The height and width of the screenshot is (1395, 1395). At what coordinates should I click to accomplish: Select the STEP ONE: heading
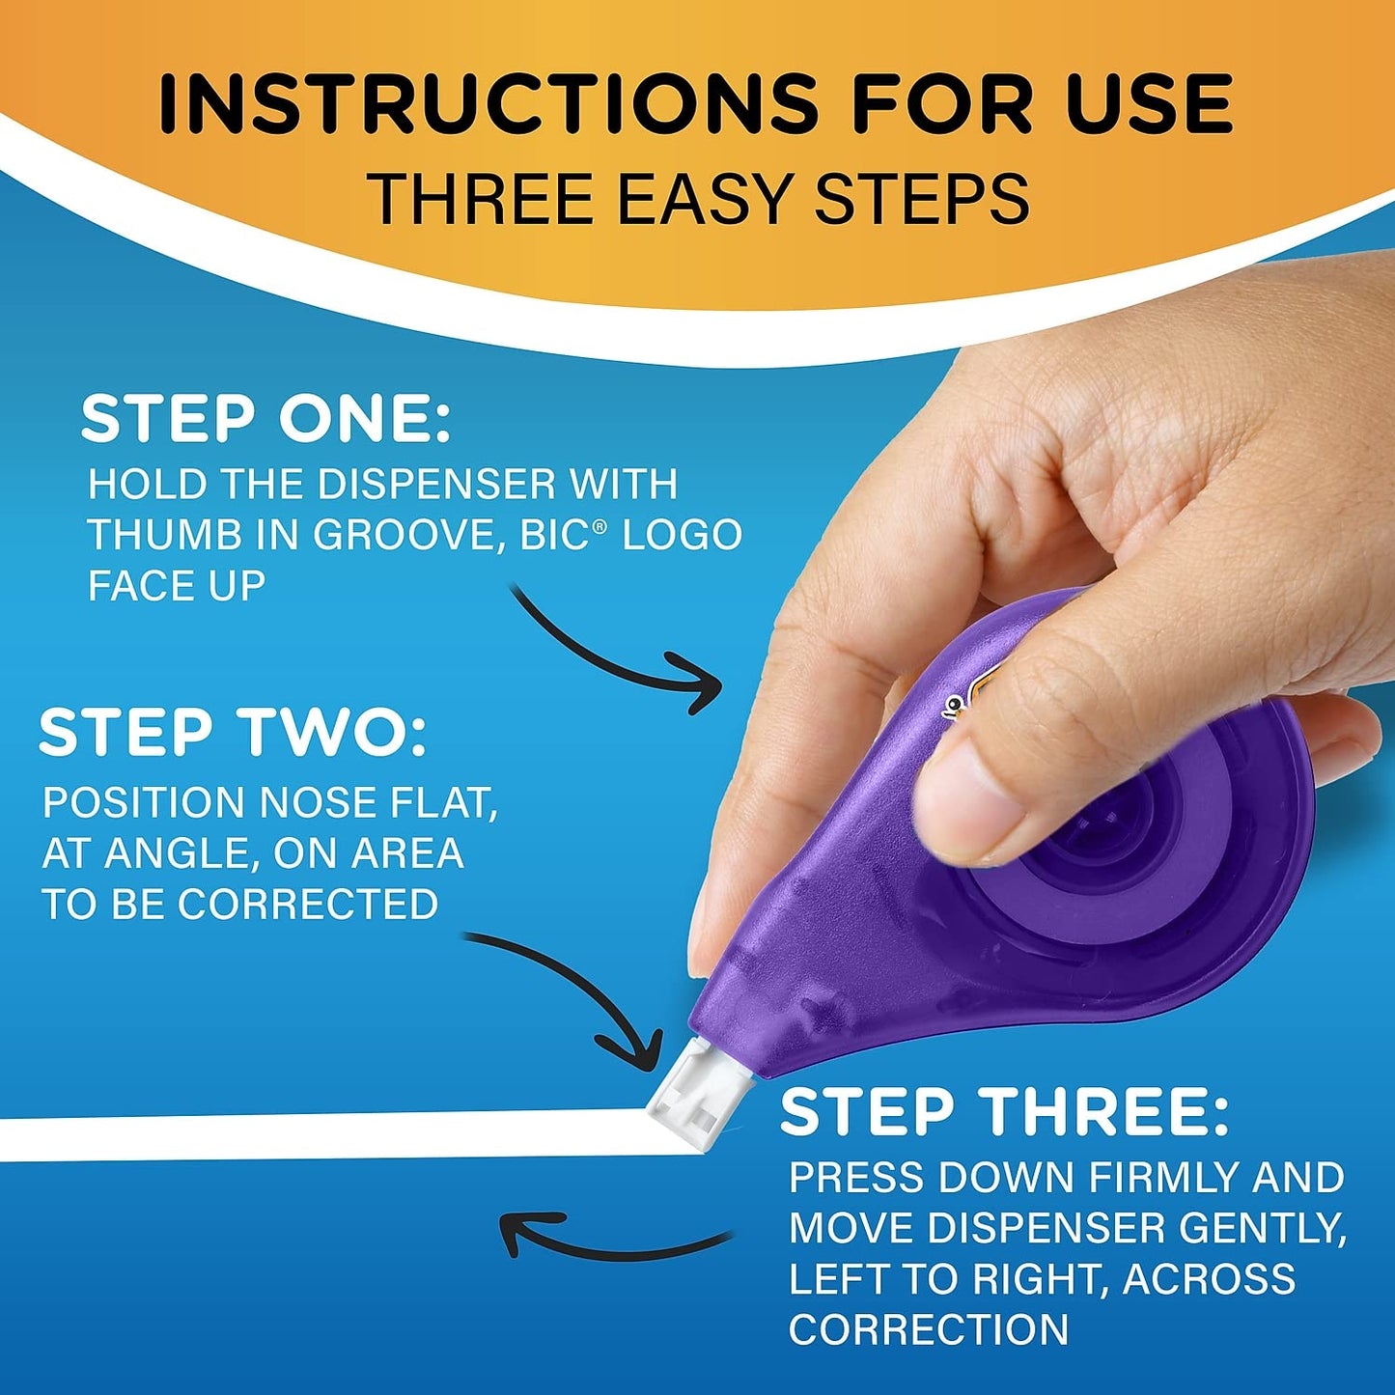coord(265,420)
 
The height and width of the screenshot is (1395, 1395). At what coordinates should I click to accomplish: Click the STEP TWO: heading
coord(232,733)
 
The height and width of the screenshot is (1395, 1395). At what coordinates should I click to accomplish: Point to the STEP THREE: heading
coord(1004,1112)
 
